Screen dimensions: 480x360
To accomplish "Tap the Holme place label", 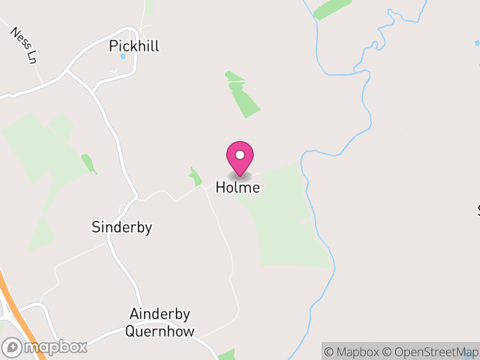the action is (238, 188).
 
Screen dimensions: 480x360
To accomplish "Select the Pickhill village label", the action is (134, 46).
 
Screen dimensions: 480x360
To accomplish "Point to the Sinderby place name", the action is (122, 227).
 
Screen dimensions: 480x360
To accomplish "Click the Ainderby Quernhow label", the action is (160, 323).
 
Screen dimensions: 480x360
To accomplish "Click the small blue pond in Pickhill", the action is (124, 56).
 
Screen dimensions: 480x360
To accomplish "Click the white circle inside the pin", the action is (240, 155).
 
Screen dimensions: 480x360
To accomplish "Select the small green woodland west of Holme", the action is (195, 177).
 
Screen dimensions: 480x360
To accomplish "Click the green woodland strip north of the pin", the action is (243, 95).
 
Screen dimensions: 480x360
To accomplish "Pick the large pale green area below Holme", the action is (288, 222).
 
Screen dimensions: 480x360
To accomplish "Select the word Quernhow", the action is (160, 332).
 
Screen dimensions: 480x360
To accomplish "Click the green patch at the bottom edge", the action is (227, 355).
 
